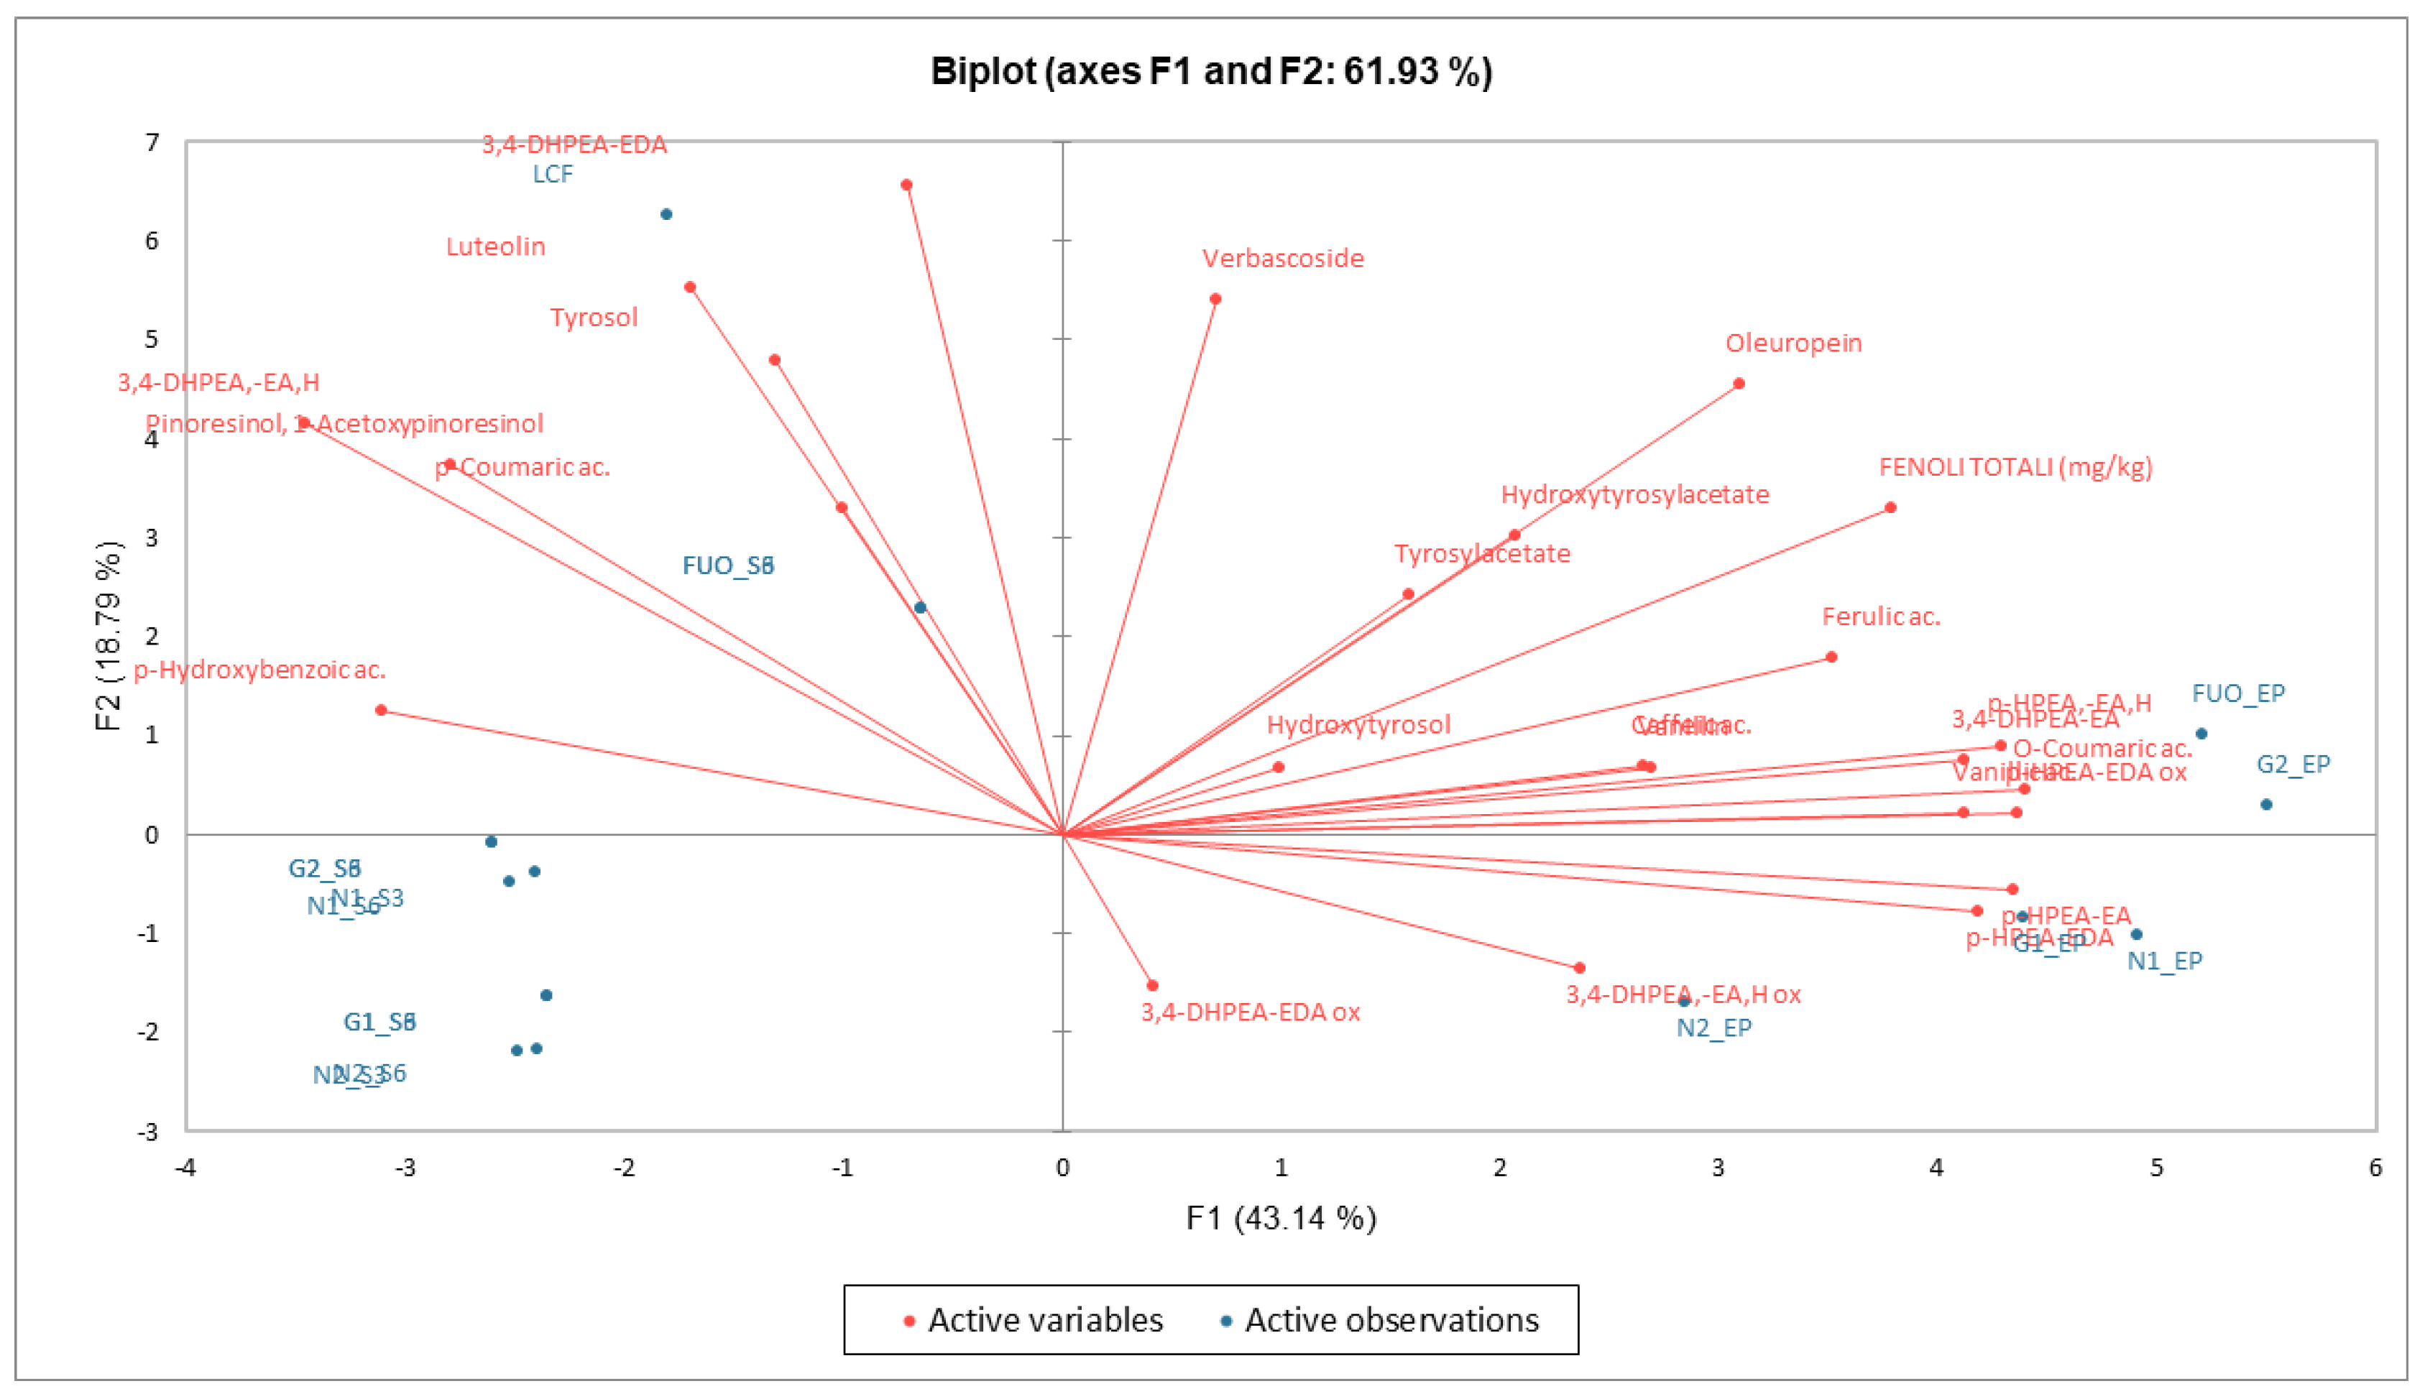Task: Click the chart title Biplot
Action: coord(1210,72)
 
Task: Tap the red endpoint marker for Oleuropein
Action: coord(1738,384)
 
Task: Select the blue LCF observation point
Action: coord(666,214)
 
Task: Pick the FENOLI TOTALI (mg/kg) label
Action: coord(2015,468)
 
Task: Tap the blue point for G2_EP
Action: coord(2265,804)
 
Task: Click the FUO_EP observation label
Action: coord(2237,693)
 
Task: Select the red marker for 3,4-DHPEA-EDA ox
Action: coord(1152,985)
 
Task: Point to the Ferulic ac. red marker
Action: coord(1831,657)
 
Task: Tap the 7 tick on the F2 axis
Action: coord(152,143)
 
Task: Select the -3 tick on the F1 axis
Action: coord(405,1168)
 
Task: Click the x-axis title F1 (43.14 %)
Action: coord(1281,1219)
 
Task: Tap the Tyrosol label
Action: coord(593,318)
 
